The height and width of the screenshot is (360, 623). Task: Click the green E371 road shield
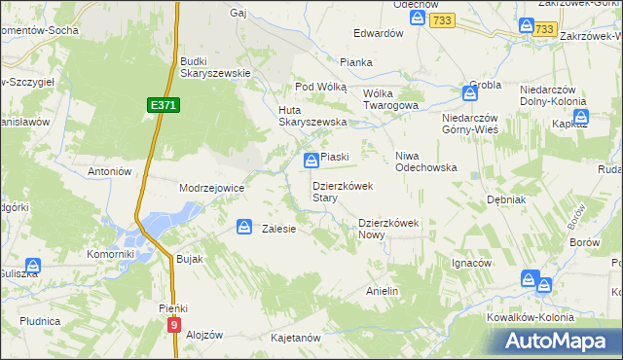(x=164, y=104)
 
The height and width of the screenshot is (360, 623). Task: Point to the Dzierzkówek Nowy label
(x=388, y=229)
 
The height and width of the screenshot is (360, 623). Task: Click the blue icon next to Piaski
(x=311, y=161)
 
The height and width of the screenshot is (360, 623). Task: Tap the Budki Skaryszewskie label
(x=216, y=67)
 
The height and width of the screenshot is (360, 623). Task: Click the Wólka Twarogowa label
(x=390, y=100)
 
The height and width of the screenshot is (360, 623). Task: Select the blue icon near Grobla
(x=470, y=93)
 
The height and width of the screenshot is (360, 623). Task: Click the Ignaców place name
(x=472, y=263)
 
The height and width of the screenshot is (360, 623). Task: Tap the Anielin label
(x=383, y=291)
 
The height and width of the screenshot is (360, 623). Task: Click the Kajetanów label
(x=296, y=338)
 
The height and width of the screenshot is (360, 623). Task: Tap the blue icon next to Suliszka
(x=32, y=265)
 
